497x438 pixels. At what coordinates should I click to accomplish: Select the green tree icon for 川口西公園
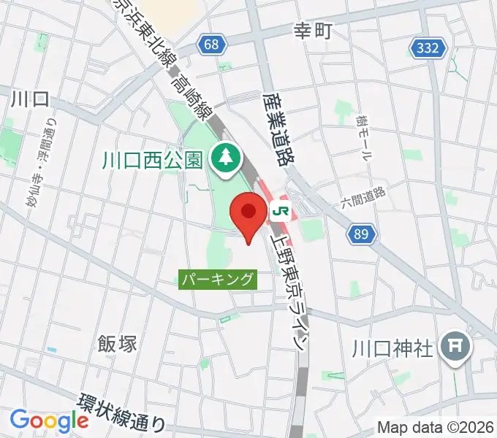(x=224, y=156)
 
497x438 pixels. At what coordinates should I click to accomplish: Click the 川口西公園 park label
(x=151, y=158)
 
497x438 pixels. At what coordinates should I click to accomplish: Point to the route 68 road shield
(x=212, y=45)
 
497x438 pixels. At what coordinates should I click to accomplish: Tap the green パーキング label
(x=219, y=278)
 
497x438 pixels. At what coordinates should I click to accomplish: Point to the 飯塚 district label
(x=117, y=342)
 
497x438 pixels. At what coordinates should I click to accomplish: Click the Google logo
(x=49, y=420)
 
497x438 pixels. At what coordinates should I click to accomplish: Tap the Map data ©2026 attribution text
(x=436, y=428)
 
